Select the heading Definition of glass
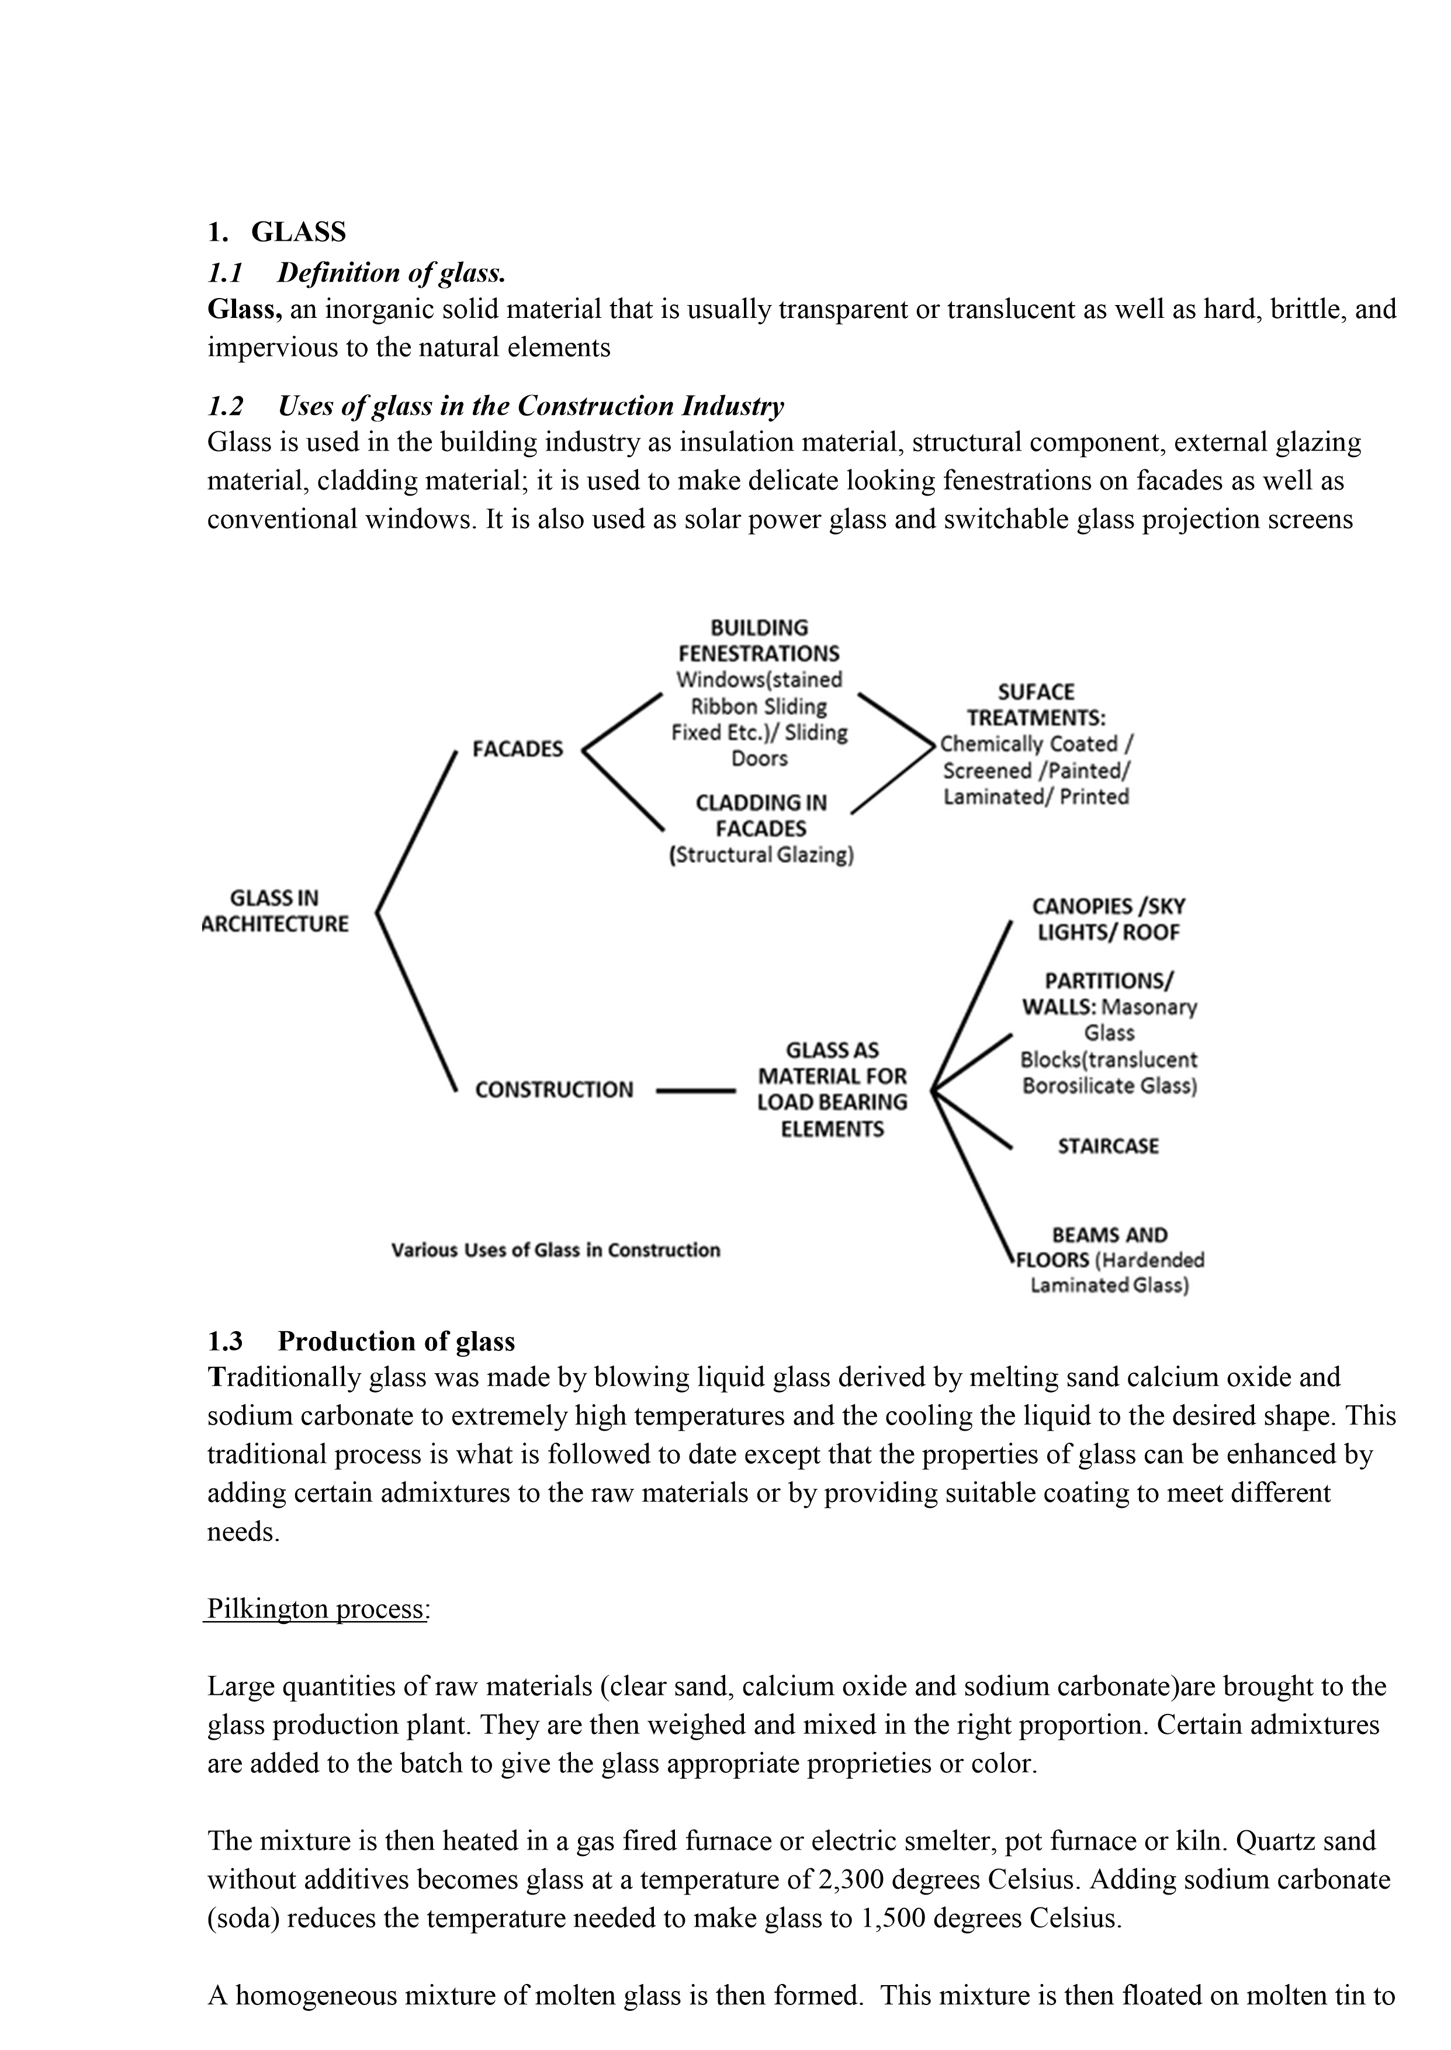392,272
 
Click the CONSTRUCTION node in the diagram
554,1090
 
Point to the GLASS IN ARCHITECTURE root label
275,911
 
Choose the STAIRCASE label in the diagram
1108,1146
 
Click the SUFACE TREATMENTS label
1037,705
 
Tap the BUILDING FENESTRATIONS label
760,640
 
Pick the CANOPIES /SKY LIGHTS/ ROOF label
1108,919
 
